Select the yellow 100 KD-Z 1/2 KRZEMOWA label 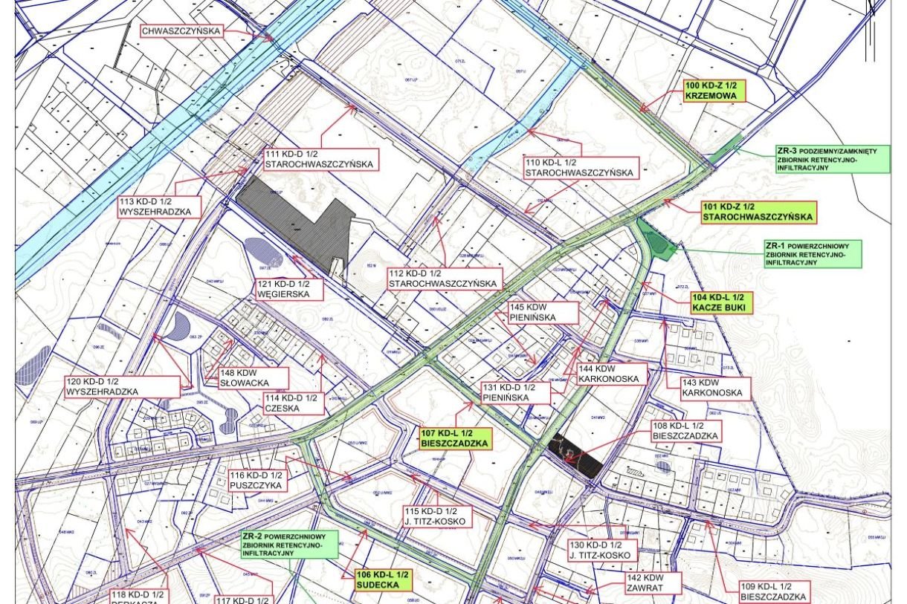tap(714, 91)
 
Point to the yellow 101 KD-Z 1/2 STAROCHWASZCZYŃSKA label tap(758, 212)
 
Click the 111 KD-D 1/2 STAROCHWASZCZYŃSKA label tap(320, 159)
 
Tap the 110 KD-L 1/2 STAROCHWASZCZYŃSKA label tap(579, 167)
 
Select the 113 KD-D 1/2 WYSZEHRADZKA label tap(159, 207)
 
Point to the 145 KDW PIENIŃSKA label tap(543, 312)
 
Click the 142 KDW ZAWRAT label tap(643, 582)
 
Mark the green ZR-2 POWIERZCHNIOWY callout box tap(288, 545)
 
